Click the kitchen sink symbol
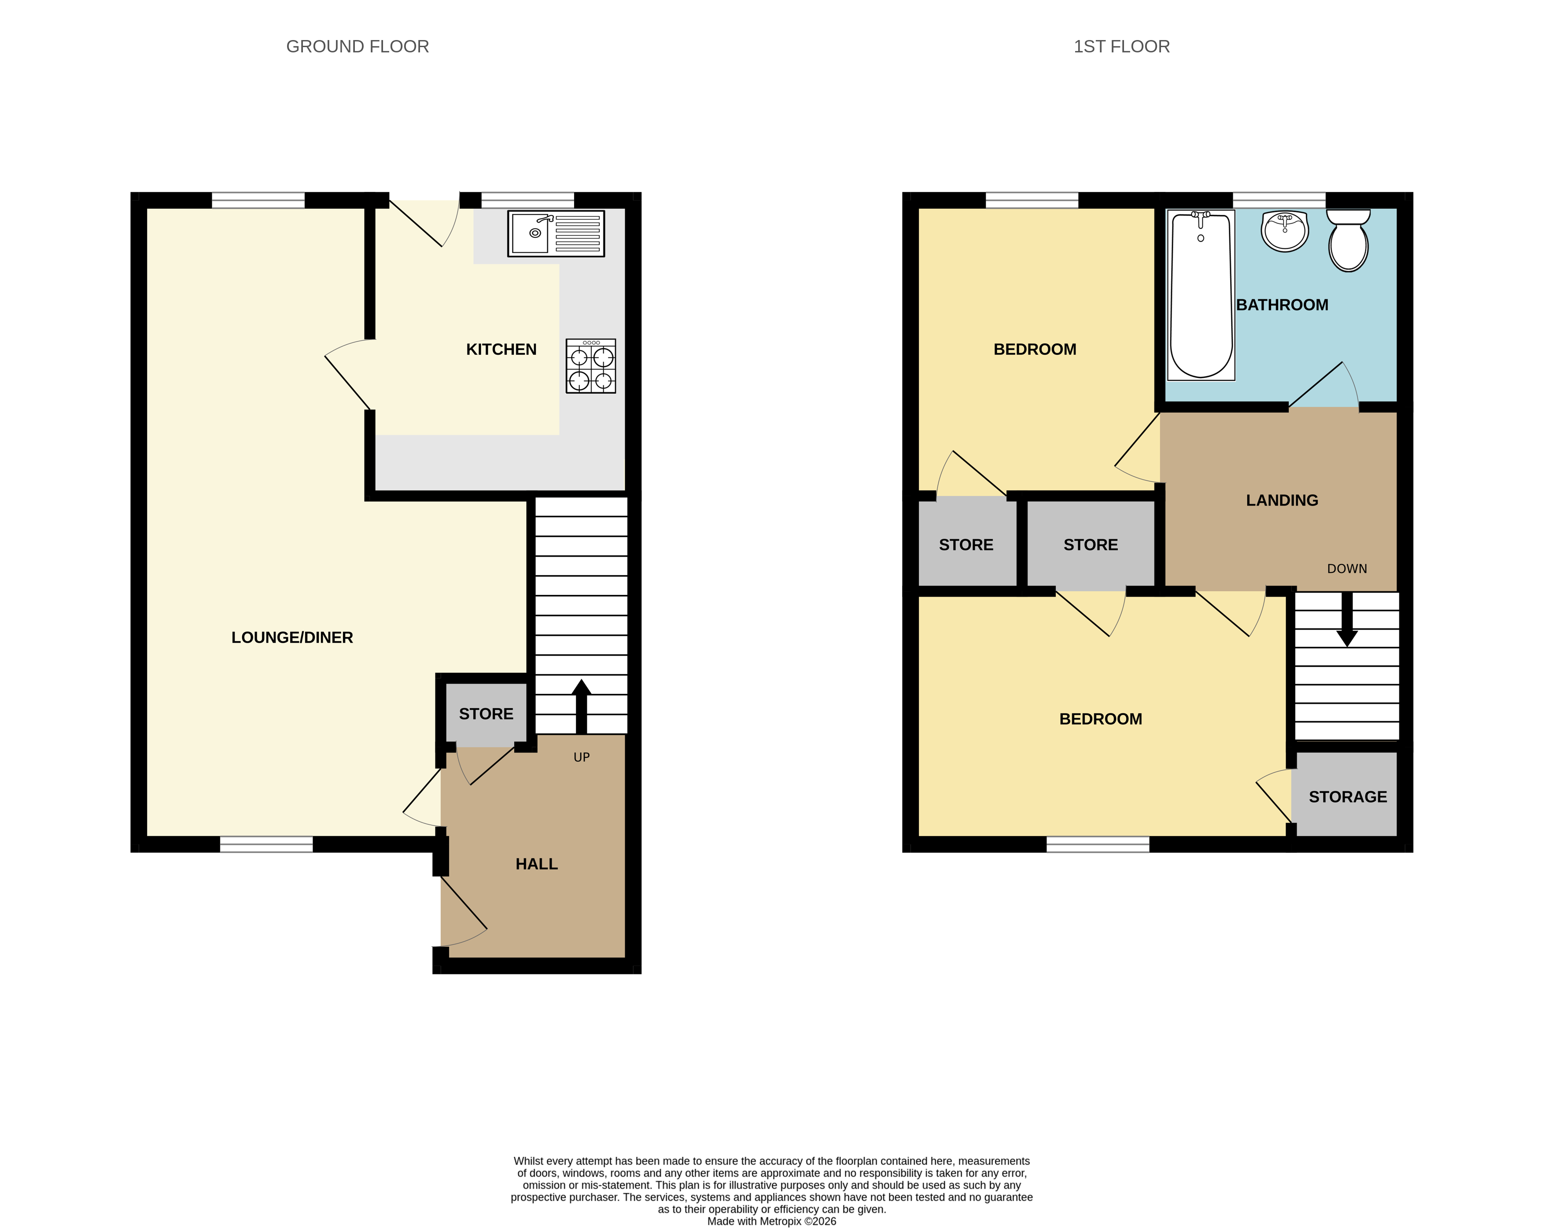tap(556, 233)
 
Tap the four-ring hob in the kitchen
tap(591, 366)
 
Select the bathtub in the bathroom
tap(1201, 295)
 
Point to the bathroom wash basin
tap(1285, 231)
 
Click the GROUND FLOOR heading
tap(357, 47)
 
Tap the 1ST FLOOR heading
tap(1121, 47)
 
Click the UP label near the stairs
tap(582, 757)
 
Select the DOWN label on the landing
tap(1346, 568)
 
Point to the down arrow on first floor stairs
tap(1346, 620)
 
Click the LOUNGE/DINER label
tap(292, 637)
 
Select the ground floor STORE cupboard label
tap(486, 714)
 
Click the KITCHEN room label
tap(501, 350)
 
